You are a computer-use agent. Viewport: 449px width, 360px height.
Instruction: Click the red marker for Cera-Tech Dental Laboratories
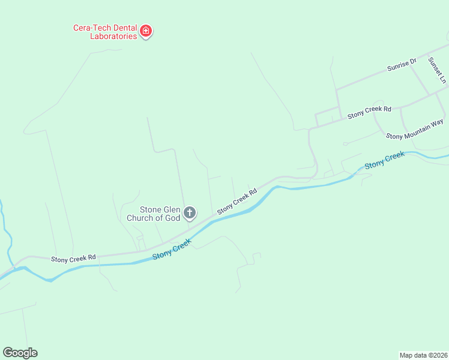click(145, 31)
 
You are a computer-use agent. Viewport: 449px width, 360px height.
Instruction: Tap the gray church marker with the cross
click(190, 212)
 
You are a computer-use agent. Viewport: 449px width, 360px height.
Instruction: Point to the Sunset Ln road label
click(438, 70)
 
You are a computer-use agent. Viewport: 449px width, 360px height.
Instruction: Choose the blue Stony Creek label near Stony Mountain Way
click(385, 160)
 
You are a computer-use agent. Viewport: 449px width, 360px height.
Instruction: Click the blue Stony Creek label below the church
click(172, 248)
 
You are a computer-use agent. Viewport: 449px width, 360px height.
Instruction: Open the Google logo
click(20, 353)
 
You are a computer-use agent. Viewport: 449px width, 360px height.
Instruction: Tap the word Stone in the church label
click(151, 209)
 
